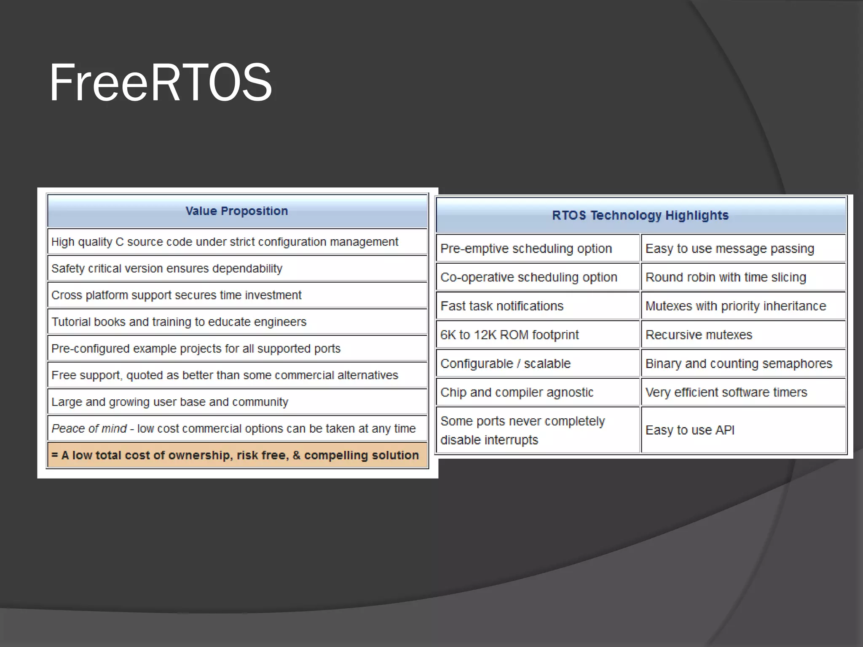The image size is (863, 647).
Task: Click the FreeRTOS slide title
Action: (161, 83)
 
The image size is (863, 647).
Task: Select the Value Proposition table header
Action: (237, 211)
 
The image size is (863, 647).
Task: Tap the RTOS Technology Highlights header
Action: (640, 215)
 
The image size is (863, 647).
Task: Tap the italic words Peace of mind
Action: (89, 429)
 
